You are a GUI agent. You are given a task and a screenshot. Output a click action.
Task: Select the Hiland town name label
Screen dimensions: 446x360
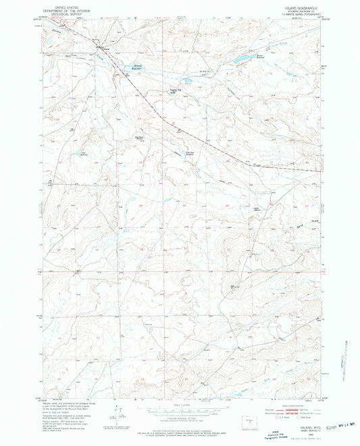[104, 50]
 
